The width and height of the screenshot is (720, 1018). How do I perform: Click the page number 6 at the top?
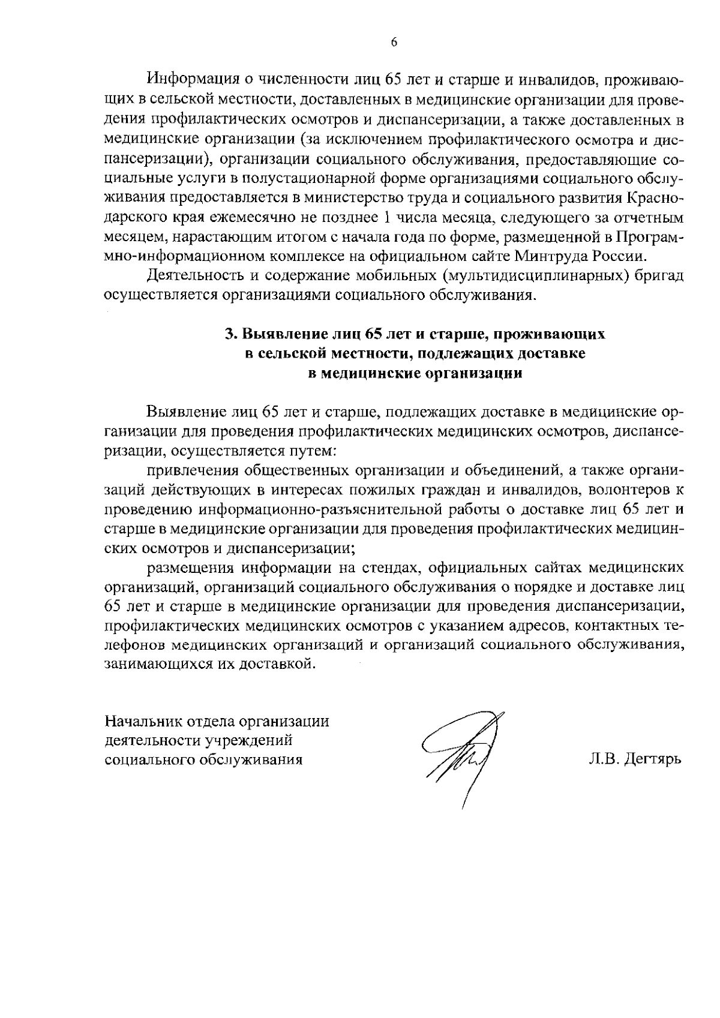[x=394, y=42]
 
